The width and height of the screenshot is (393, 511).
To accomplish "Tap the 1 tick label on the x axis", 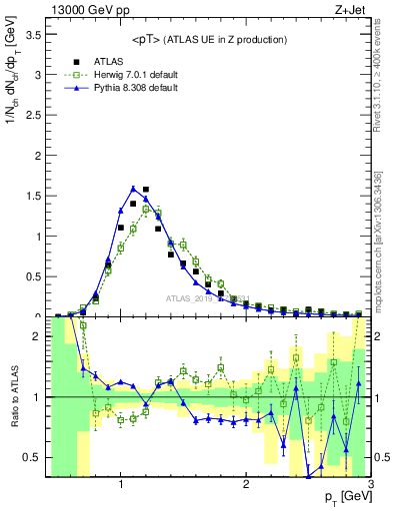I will [121, 484].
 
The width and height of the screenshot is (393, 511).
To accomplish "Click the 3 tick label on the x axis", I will [370, 484].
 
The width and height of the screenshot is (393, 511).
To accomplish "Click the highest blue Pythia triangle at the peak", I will [133, 188].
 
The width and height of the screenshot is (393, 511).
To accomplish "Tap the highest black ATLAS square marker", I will [146, 189].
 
